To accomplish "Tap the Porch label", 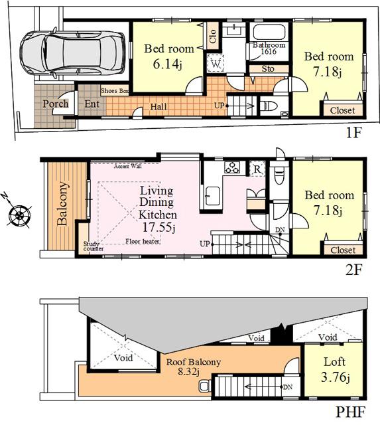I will point(56,104).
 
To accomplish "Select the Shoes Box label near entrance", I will point(114,91).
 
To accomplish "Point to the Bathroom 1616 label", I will point(268,48).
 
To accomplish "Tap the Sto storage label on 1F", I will point(268,68).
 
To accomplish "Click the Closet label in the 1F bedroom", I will point(342,110).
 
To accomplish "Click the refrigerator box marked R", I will point(257,169).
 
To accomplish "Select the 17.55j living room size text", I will point(158,227).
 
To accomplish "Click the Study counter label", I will point(92,247).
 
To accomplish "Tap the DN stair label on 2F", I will point(281,230).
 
